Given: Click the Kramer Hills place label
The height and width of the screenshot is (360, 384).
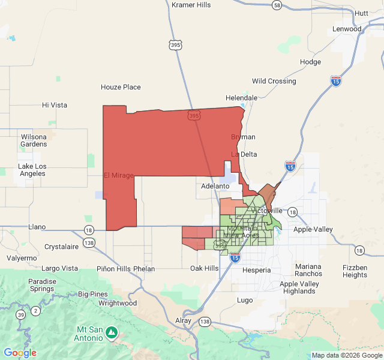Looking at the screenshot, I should click(191, 5).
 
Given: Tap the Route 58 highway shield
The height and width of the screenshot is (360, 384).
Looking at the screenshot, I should click(277, 5).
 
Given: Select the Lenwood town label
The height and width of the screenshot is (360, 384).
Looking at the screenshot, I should click(348, 29).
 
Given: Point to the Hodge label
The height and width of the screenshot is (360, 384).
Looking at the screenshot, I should click(310, 62).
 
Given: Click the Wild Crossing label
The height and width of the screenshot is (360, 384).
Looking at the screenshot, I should click(274, 81).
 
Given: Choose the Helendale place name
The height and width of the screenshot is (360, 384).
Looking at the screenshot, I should click(241, 98).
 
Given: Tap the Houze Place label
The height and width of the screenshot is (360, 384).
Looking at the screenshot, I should click(121, 87).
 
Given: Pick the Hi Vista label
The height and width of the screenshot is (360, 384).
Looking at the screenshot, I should click(55, 104).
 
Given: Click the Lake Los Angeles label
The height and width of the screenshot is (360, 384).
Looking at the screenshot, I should click(32, 170).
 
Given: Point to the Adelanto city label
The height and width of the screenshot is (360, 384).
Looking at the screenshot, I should click(215, 186).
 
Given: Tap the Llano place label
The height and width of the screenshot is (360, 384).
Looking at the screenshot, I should click(37, 227).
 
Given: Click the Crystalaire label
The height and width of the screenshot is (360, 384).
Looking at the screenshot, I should click(62, 247).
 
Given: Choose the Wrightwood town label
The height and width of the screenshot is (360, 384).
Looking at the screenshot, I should click(118, 303).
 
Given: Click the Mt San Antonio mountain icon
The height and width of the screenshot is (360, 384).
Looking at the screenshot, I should click(111, 331).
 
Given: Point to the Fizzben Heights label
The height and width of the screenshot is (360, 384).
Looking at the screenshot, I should click(355, 271).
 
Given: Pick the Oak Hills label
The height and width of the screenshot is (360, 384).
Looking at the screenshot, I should click(205, 268).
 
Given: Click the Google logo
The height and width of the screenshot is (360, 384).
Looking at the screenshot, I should click(20, 353).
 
